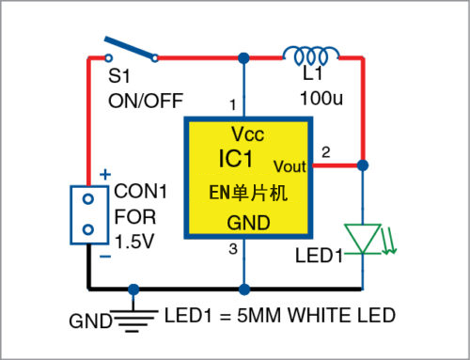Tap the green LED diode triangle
(362, 238)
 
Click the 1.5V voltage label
(135, 242)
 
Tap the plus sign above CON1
(104, 174)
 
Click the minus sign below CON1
(104, 255)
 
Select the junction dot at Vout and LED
(362, 165)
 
